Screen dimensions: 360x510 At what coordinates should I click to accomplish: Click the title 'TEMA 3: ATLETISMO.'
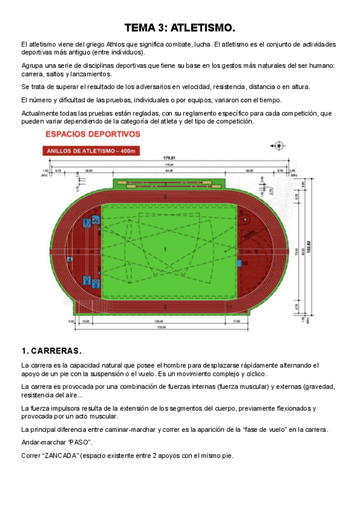tap(180, 28)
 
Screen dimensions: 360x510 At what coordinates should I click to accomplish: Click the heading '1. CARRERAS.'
tap(51, 351)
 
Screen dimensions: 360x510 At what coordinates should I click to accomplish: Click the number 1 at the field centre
tap(165, 248)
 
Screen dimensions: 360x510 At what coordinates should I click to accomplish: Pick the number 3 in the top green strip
tap(165, 183)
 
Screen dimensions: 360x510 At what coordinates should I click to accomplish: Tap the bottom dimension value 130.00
tap(159, 327)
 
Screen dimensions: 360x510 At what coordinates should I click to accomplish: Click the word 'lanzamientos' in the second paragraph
tap(91, 74)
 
